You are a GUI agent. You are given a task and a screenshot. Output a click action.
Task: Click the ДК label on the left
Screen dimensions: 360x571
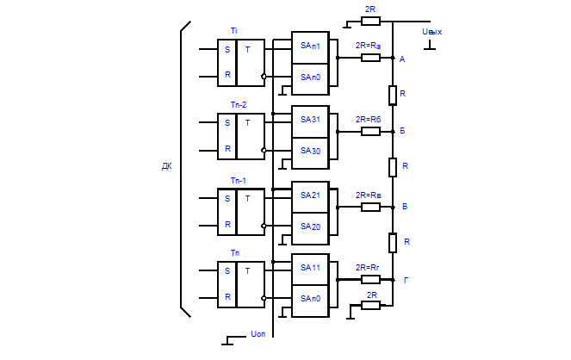tap(166, 166)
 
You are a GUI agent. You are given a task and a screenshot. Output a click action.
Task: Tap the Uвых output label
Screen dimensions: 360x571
tap(431, 32)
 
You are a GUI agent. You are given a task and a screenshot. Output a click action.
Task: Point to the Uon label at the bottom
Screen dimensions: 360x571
tap(258, 332)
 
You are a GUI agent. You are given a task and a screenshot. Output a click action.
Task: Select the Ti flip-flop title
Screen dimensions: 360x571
tap(233, 31)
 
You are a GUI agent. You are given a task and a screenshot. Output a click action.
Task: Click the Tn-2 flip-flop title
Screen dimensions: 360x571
tap(238, 104)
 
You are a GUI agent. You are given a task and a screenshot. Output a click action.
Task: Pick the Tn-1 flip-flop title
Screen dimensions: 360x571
tap(238, 180)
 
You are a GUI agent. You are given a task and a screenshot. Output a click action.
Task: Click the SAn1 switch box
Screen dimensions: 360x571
tap(310, 46)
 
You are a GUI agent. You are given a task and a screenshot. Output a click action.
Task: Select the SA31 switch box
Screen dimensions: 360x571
tap(310, 120)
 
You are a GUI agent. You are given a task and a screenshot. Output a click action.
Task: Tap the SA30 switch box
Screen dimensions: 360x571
tap(310, 152)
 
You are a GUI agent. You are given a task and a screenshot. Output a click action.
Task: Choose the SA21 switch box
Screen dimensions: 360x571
tap(310, 196)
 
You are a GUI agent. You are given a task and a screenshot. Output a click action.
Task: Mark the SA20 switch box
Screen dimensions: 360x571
tap(310, 227)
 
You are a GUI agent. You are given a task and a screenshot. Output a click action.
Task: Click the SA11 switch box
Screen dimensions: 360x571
tap(310, 268)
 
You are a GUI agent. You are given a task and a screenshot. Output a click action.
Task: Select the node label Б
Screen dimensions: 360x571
tap(403, 132)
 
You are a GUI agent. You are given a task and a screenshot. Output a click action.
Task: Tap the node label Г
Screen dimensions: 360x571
tap(405, 281)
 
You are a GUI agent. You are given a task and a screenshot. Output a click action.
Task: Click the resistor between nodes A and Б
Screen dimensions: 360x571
tap(392, 94)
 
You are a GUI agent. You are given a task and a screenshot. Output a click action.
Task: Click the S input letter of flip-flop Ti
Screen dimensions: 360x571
tap(227, 49)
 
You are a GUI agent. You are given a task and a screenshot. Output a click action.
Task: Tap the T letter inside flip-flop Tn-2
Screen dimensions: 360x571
tap(248, 122)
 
